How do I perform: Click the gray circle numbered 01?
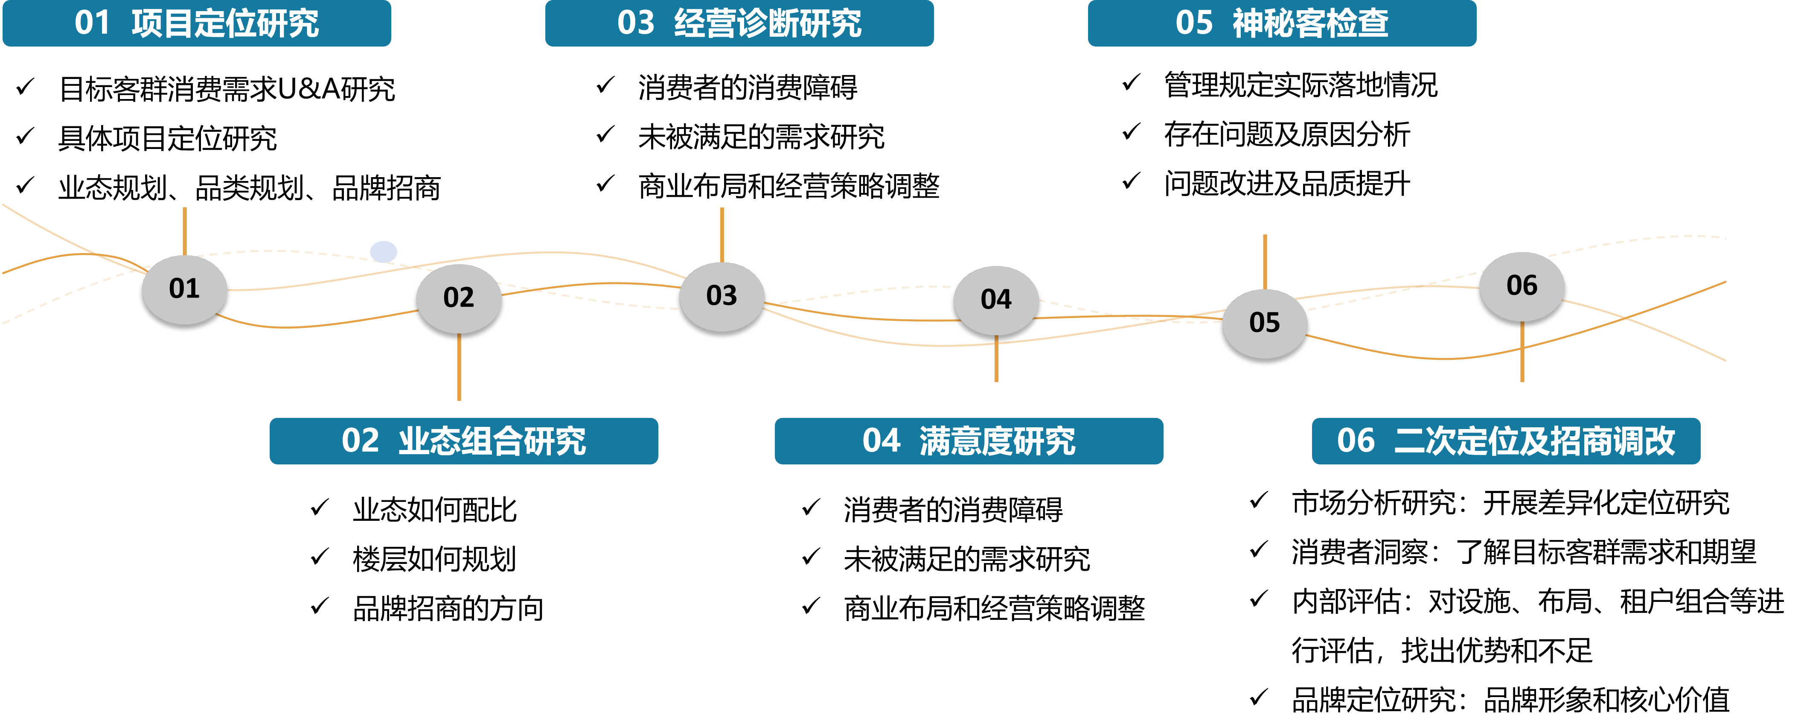click(x=184, y=289)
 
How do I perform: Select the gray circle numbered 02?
click(x=459, y=298)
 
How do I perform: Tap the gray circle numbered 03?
click(x=722, y=295)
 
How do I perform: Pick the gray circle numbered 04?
click(x=996, y=300)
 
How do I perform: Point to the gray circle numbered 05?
click(x=1264, y=323)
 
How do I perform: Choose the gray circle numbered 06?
click(x=1522, y=286)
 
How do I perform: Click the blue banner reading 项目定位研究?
click(x=197, y=23)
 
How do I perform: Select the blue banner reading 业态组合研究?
click(x=464, y=441)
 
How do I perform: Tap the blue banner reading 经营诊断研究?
click(x=739, y=23)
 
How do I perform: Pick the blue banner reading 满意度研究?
click(x=969, y=441)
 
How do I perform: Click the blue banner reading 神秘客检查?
click(x=1282, y=23)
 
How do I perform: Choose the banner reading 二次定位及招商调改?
click(x=1506, y=441)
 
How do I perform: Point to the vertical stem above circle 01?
click(x=184, y=231)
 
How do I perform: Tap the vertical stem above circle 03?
click(x=722, y=235)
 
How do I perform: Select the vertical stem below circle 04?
click(x=996, y=359)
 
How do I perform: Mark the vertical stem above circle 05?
click(x=1264, y=261)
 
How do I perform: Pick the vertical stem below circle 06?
click(x=1522, y=352)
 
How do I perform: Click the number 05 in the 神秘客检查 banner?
click(x=1194, y=23)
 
